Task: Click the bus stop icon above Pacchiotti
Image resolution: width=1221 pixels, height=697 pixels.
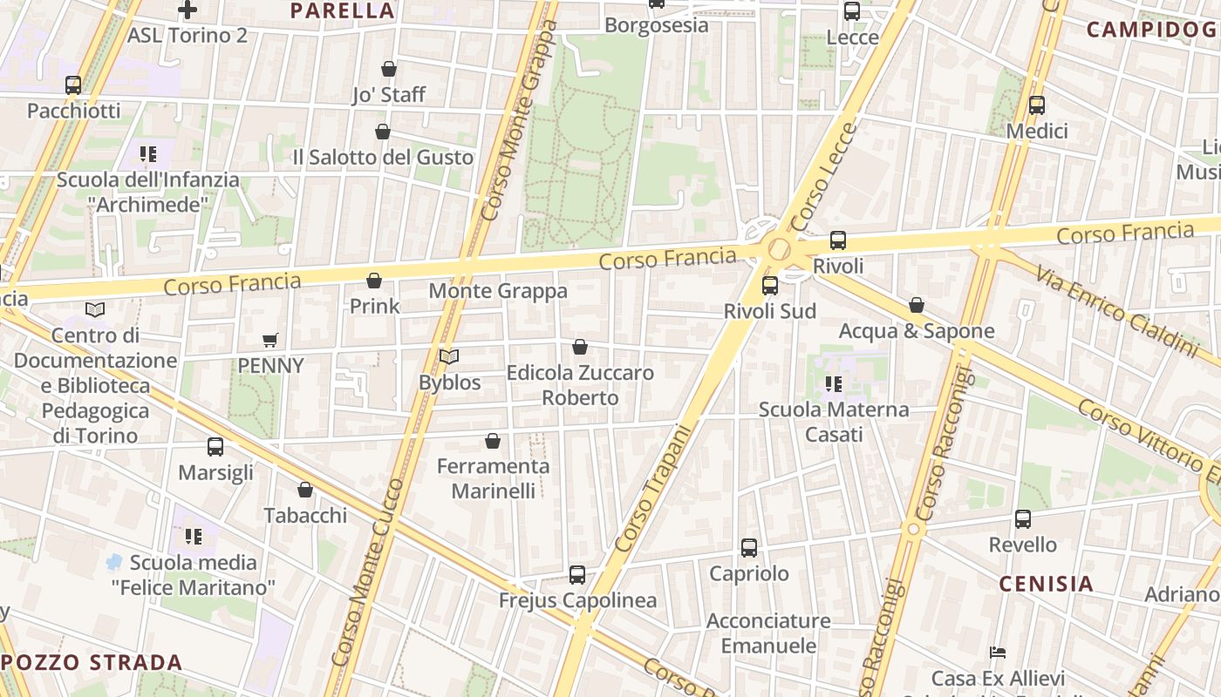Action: (x=73, y=85)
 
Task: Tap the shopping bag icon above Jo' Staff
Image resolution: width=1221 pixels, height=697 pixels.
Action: (x=389, y=69)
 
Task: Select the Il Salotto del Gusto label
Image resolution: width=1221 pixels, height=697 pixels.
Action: (x=383, y=158)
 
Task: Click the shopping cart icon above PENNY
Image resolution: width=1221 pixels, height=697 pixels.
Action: (x=270, y=340)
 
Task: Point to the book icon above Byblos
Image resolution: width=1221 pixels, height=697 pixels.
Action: (x=449, y=356)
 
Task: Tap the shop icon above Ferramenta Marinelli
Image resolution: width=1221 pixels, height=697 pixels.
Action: (x=493, y=441)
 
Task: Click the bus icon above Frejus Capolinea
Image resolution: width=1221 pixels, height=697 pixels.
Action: (x=577, y=574)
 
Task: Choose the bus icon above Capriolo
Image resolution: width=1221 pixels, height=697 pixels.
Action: (x=749, y=547)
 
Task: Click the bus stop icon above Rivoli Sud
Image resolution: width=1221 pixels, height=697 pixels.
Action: (x=770, y=285)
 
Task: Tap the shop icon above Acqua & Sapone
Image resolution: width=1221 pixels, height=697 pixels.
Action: (x=917, y=305)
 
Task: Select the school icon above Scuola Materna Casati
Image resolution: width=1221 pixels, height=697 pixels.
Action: (x=834, y=383)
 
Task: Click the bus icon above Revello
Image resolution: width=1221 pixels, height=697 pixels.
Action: (x=1023, y=519)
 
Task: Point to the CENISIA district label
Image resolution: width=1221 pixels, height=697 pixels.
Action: (x=1046, y=584)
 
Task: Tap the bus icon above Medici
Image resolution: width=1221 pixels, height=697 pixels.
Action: (x=1037, y=105)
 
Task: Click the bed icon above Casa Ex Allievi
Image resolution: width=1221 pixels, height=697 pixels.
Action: (x=998, y=653)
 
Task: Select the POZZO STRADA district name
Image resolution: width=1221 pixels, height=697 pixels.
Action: (x=92, y=662)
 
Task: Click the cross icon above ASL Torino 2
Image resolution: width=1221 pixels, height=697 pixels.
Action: (x=187, y=10)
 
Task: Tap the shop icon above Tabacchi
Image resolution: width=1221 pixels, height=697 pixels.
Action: (x=305, y=490)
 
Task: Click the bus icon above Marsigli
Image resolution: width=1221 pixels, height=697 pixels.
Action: (x=215, y=447)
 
